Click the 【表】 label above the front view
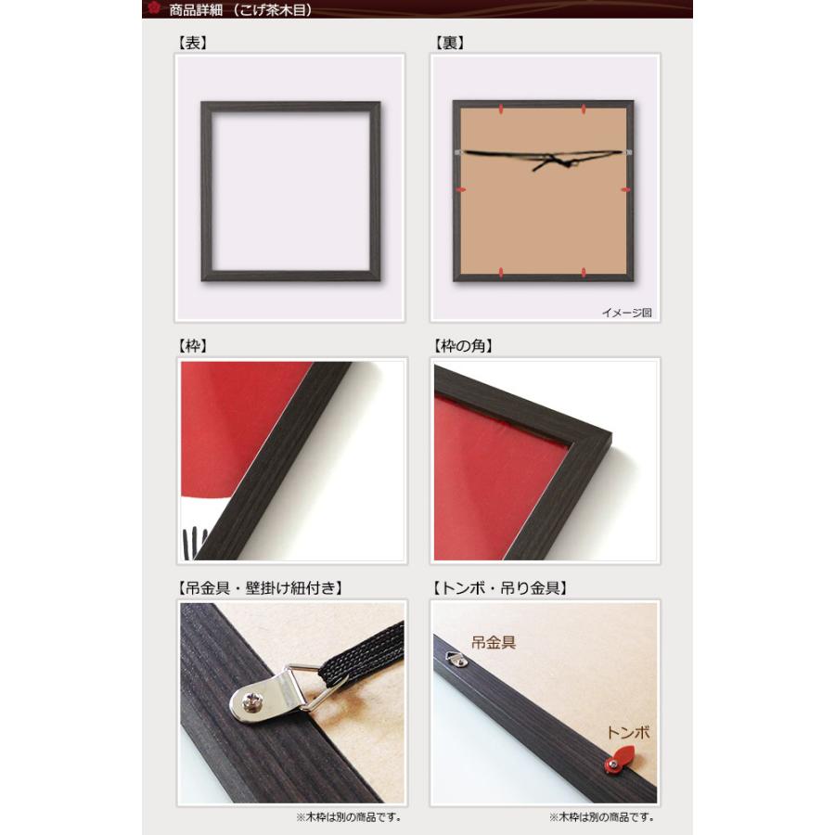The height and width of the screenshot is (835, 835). point(192,43)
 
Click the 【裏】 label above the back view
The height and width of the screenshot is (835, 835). point(449,43)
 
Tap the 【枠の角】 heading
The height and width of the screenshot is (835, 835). point(463,346)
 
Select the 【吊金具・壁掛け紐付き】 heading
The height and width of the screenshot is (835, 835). point(260,588)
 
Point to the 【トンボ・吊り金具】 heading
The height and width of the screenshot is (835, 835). point(499,588)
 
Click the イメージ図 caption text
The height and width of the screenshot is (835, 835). point(627,313)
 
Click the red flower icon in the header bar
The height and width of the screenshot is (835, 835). point(154,8)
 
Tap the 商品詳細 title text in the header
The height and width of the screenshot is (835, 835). point(196,10)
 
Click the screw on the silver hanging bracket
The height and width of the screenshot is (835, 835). point(250,702)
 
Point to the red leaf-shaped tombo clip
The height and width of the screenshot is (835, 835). point(621,759)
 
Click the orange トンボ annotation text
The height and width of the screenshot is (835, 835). point(628,732)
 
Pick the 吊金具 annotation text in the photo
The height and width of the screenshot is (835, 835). point(494,642)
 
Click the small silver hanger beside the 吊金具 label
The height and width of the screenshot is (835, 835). point(456,659)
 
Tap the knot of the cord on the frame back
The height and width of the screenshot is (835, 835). point(554,160)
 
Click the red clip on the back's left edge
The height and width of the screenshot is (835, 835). point(461,189)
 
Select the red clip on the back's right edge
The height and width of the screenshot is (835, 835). point(625,189)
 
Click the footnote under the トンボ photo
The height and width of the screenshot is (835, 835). point(602,816)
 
